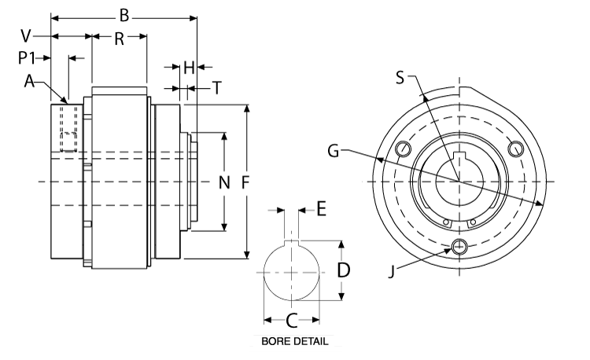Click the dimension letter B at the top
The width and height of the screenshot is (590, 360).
click(x=123, y=15)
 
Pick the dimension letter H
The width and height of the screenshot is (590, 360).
click(x=188, y=68)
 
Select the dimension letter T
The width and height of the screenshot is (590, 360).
click(x=216, y=88)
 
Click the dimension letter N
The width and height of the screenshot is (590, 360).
click(x=223, y=183)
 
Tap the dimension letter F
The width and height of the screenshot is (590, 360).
click(x=246, y=182)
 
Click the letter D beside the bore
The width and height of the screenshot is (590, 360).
click(x=343, y=270)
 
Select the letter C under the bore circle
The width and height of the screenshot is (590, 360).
click(x=290, y=320)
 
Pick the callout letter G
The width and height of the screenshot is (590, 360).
click(x=334, y=150)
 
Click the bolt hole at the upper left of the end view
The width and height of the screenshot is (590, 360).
click(x=404, y=149)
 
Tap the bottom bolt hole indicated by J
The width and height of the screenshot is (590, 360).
click(x=459, y=247)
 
